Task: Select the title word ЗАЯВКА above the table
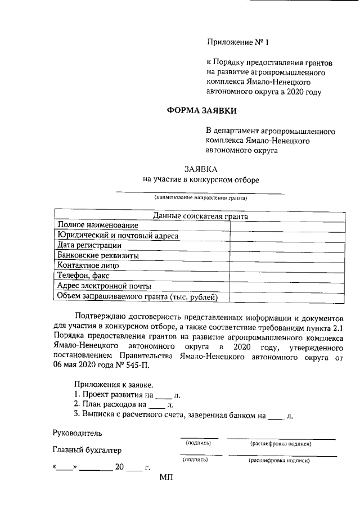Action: (201, 169)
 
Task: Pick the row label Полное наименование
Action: (94, 225)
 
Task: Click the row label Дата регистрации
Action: (89, 245)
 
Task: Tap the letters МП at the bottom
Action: (167, 478)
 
